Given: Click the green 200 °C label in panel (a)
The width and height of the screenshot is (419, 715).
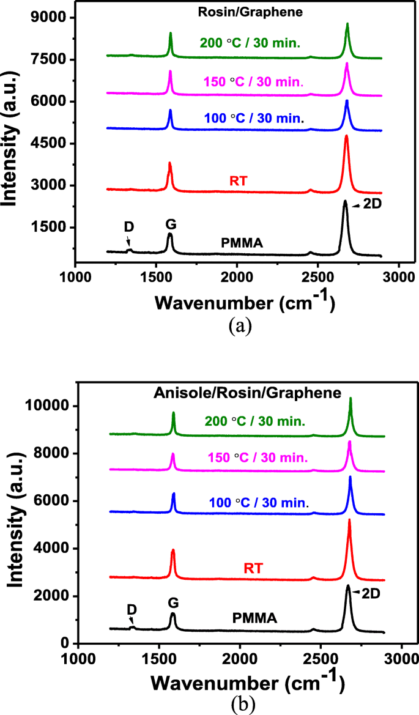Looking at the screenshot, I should (x=252, y=43).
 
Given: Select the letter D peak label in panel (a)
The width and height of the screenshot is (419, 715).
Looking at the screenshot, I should (x=128, y=226).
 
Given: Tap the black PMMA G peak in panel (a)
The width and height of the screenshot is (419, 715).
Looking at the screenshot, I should (x=170, y=234).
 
